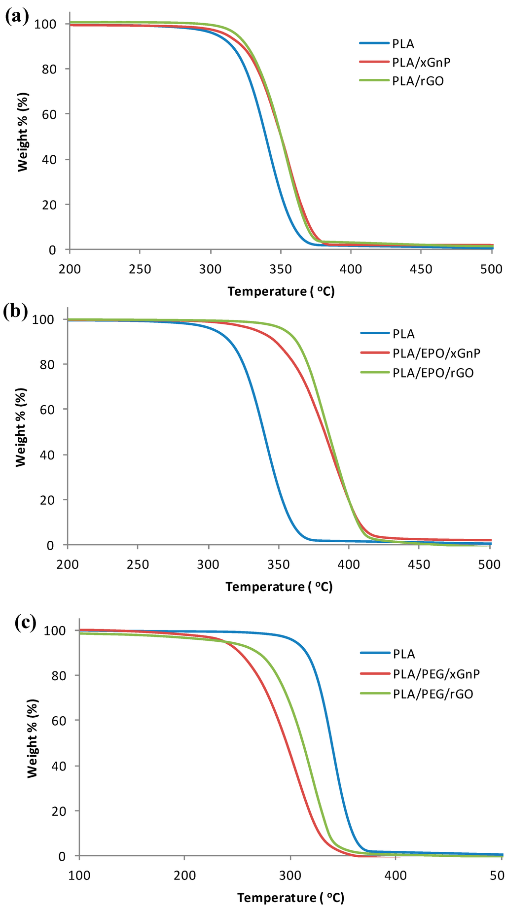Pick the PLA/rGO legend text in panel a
pos(418,81)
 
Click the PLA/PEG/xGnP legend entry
pos(436,674)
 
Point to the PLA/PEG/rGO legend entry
pos(433,694)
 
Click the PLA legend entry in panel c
pos(403,654)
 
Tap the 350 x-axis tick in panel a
pos(281,269)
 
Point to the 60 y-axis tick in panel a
pos(50,114)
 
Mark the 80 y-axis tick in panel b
pos(48,365)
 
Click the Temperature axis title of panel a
pos(281,291)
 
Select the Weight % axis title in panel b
pos(21,427)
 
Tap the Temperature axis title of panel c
pos(290,898)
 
